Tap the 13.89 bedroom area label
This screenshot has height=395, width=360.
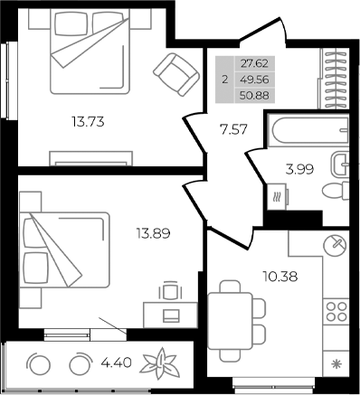click(x=153, y=232)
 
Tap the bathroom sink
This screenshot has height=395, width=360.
click(x=340, y=164)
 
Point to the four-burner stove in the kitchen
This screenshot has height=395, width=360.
click(x=337, y=312)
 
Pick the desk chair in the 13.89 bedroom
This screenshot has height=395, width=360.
click(x=169, y=291)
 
